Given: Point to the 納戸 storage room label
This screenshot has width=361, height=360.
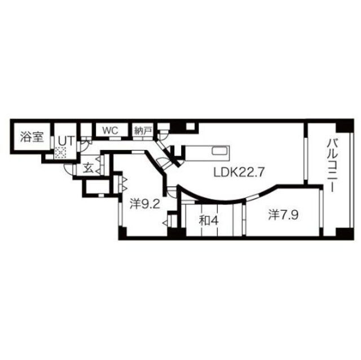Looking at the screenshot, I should tap(143, 130).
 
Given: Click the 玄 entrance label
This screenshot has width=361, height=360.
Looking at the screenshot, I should tap(89, 167).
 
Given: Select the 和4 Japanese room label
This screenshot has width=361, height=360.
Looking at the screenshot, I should tap(209, 219).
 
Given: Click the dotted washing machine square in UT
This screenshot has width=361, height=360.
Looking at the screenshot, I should tap(60, 152).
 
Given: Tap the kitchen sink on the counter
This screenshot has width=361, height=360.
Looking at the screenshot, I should tap(219, 150).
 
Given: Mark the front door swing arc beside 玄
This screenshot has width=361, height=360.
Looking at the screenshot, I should tap(69, 170).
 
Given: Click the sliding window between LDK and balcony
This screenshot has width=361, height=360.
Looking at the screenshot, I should tap(305, 152).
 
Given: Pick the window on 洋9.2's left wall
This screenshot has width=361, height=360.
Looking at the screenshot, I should tap(119, 211).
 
